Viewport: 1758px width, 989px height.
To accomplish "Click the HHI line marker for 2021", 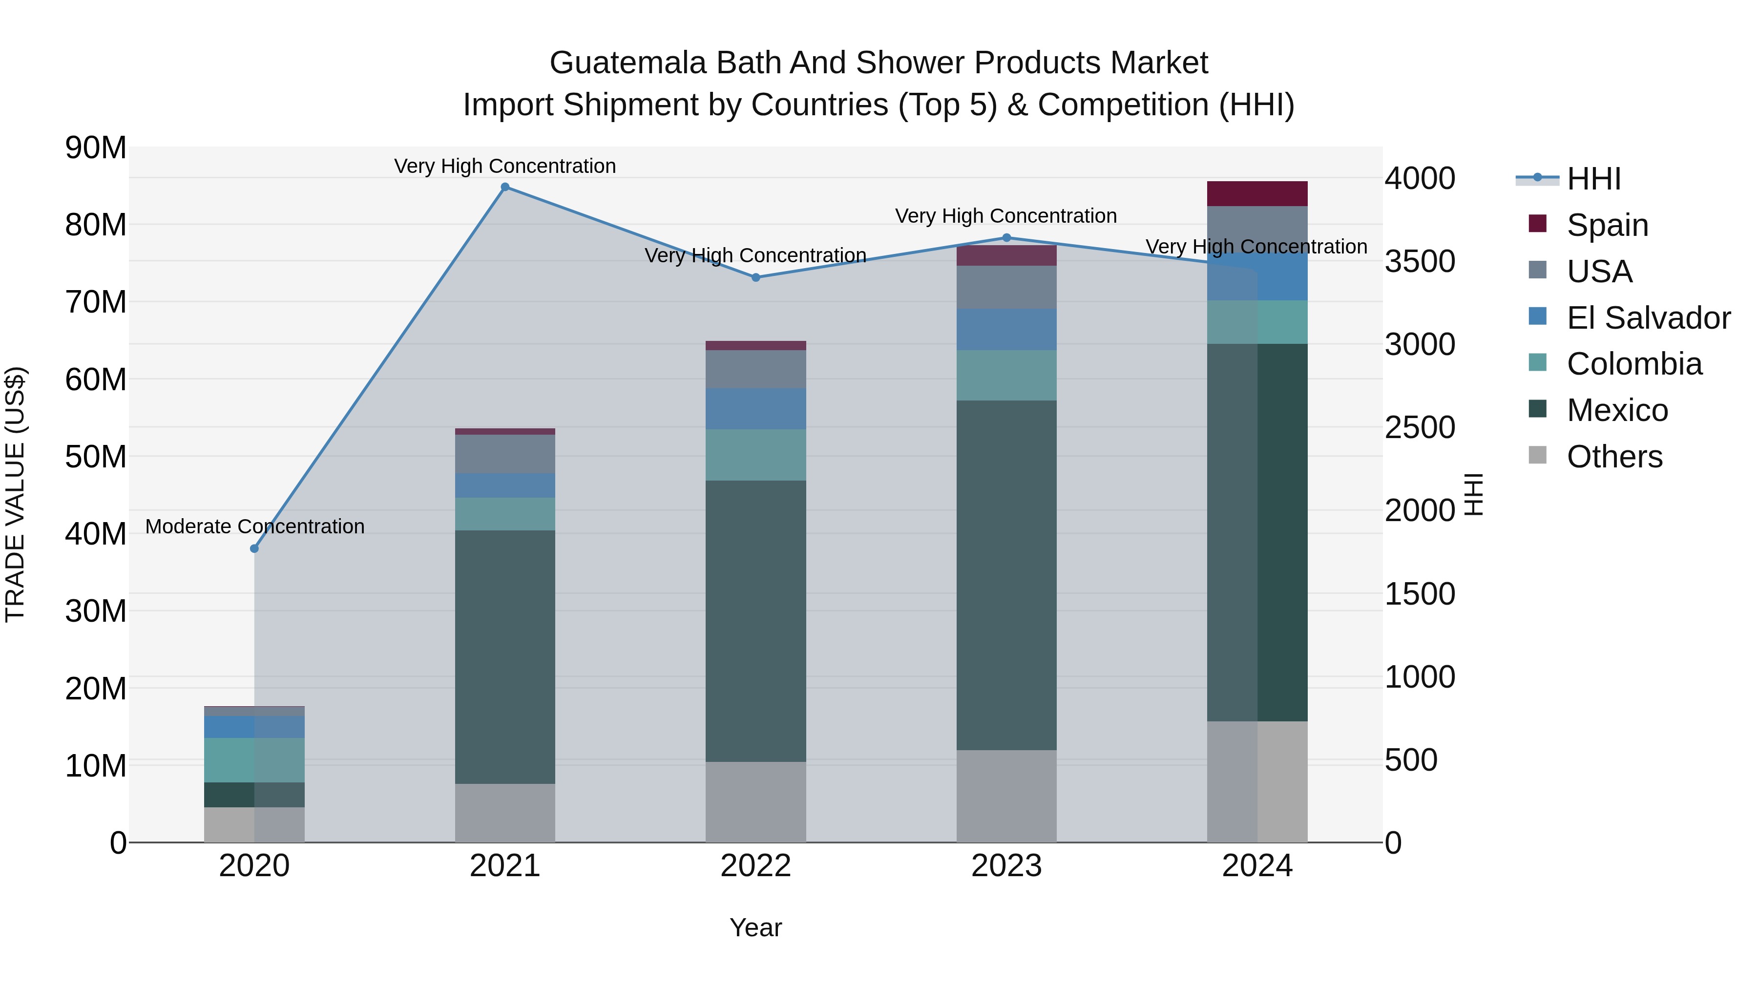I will (x=505, y=187).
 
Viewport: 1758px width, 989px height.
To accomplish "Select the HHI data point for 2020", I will (x=254, y=549).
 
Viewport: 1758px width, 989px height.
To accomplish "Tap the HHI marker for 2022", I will (x=755, y=278).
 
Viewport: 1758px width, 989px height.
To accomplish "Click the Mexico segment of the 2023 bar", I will (x=1006, y=575).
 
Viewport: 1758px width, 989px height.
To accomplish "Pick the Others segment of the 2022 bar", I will (x=755, y=802).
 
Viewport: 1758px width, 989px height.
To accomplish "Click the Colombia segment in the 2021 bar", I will (x=505, y=514).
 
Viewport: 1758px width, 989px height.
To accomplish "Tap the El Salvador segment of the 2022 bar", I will (x=755, y=409).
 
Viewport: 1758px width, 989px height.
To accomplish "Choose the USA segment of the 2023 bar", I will (x=1006, y=287).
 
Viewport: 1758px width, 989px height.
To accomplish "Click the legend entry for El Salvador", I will (x=1648, y=318).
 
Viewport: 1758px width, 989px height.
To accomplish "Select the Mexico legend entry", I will (x=1617, y=411).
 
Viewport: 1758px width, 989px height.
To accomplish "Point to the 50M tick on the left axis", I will (x=96, y=457).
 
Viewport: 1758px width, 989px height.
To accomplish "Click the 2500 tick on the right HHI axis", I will (x=1420, y=428).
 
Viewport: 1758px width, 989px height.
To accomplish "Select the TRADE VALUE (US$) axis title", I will (x=15, y=494).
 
